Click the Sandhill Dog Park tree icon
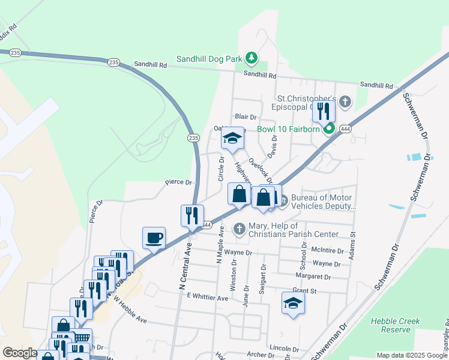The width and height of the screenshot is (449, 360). [x=252, y=58]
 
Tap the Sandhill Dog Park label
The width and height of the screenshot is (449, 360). [x=211, y=59]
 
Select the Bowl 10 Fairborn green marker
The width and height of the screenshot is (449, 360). [x=329, y=129]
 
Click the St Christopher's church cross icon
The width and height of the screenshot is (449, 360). [x=345, y=101]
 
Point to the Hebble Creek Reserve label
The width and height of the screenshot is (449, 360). [x=395, y=325]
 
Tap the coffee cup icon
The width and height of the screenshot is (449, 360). [x=154, y=238]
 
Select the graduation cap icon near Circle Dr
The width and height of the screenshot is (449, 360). [x=233, y=138]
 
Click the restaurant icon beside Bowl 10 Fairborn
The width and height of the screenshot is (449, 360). [x=324, y=110]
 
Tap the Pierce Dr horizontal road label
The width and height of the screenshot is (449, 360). [x=179, y=182]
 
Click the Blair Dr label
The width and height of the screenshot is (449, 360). [x=246, y=116]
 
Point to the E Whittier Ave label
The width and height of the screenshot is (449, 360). [x=208, y=297]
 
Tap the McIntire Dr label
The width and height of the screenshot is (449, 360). [x=327, y=251]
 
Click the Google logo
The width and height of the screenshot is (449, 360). [x=20, y=353]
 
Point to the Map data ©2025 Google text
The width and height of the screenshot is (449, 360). [x=411, y=355]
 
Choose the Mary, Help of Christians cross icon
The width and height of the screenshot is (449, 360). [x=239, y=229]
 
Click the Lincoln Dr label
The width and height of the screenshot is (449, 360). [x=285, y=348]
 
